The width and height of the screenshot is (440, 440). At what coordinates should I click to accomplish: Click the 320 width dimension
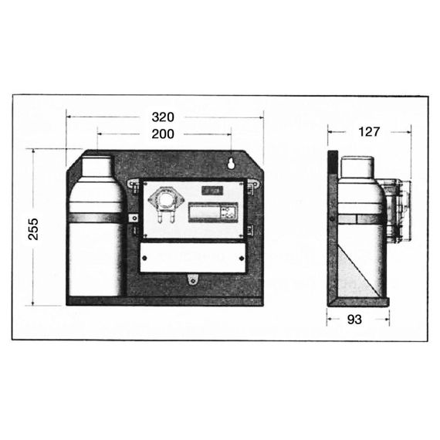pos(163,117)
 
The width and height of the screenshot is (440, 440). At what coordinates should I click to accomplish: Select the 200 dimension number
pos(163,134)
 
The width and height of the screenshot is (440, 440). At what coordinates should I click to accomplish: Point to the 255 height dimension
pos(33,229)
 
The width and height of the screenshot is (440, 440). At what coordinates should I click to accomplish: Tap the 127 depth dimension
pos(369,131)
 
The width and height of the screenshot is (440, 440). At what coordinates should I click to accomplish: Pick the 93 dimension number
pos(354,320)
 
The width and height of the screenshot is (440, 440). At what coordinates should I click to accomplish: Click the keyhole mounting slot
pos(232,164)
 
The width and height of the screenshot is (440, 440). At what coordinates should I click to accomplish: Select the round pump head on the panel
pos(166,200)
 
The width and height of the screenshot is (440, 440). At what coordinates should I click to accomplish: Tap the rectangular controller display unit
pos(213,212)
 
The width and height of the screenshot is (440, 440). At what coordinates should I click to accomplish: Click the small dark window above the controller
pos(212,191)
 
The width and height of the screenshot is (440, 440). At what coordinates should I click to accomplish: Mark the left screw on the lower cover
pos(144,258)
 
